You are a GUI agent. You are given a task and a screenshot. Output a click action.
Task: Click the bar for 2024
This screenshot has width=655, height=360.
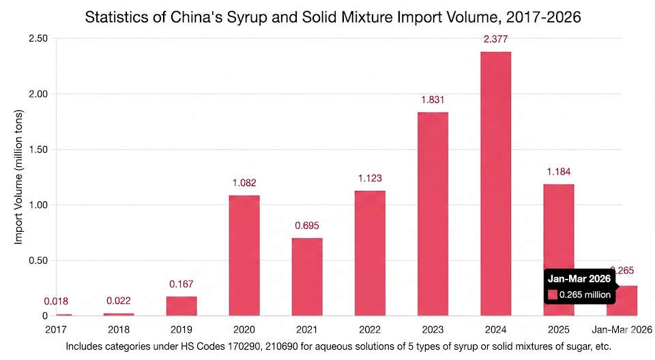(x=495, y=184)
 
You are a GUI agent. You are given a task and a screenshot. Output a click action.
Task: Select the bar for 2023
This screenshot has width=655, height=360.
(x=433, y=214)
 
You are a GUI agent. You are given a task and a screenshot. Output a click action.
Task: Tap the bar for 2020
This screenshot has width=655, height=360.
(x=244, y=256)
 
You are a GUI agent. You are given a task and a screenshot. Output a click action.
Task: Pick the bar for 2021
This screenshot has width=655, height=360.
(x=307, y=277)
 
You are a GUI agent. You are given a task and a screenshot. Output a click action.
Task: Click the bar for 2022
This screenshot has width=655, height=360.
(x=370, y=253)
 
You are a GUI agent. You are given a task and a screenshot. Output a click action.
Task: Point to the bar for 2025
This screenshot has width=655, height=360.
(x=558, y=250)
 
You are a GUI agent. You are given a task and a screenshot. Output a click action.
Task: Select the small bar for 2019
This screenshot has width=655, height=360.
(x=181, y=306)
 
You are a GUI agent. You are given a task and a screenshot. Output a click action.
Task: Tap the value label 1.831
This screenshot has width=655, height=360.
(x=433, y=100)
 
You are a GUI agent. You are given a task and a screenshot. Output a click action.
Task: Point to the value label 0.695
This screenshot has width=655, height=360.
(x=307, y=225)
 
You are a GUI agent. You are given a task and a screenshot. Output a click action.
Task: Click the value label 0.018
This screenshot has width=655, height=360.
(x=56, y=301)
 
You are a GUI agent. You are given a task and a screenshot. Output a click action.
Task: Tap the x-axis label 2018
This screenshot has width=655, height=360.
(x=119, y=329)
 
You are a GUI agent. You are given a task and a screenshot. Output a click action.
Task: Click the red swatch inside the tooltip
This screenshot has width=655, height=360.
(x=553, y=295)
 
